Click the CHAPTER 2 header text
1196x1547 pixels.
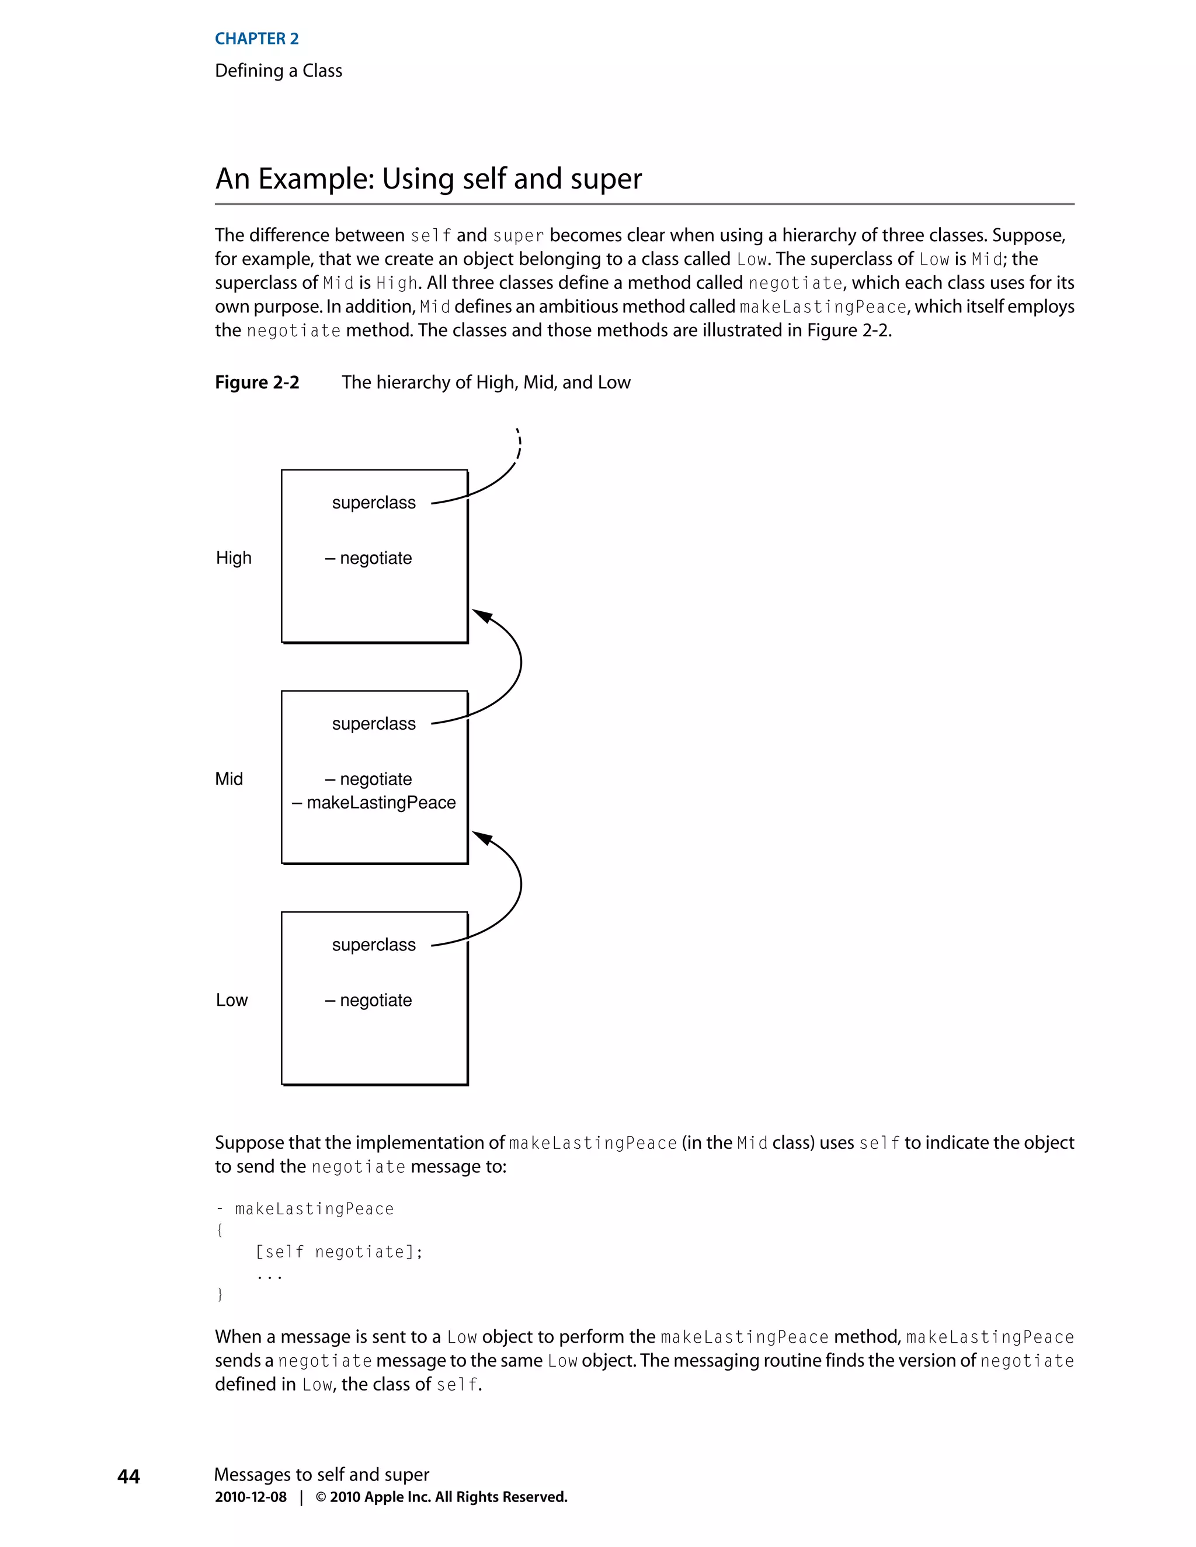tap(256, 39)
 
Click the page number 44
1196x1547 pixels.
tap(128, 1476)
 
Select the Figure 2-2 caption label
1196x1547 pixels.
tap(256, 382)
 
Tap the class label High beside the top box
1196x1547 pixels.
tap(233, 558)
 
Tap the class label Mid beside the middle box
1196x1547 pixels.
tap(229, 779)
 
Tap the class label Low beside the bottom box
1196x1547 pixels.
tap(232, 1000)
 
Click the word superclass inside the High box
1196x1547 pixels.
tap(373, 503)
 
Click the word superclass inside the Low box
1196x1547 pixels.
tap(373, 945)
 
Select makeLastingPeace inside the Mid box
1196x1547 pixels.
tap(381, 803)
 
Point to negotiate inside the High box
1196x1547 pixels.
tap(376, 558)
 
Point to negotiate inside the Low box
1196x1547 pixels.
tap(376, 1000)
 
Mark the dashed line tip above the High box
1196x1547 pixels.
tap(517, 430)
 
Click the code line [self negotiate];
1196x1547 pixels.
tap(339, 1252)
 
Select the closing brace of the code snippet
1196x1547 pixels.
tap(220, 1294)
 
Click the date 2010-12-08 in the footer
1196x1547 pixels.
tap(251, 1497)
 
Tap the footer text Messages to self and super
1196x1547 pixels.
tap(322, 1474)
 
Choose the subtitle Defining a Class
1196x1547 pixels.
tap(279, 71)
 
